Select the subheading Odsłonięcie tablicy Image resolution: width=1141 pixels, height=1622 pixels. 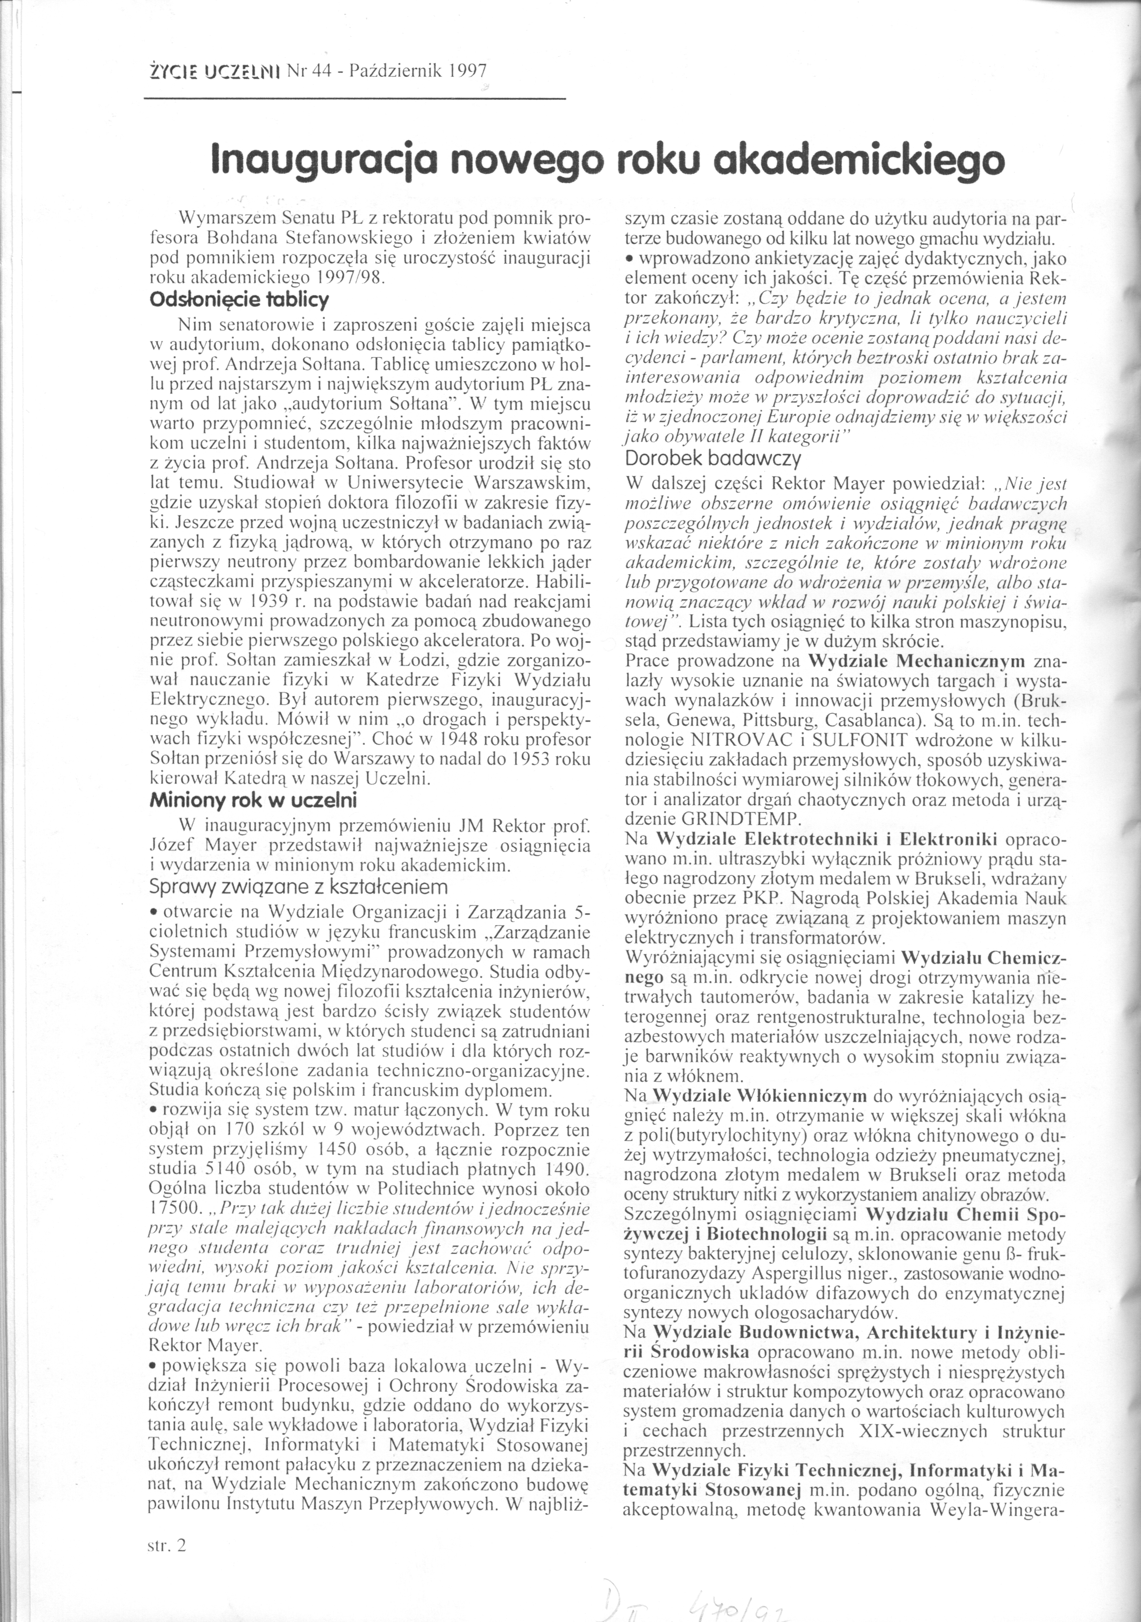(239, 300)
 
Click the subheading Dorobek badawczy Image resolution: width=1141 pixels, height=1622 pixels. (714, 458)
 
